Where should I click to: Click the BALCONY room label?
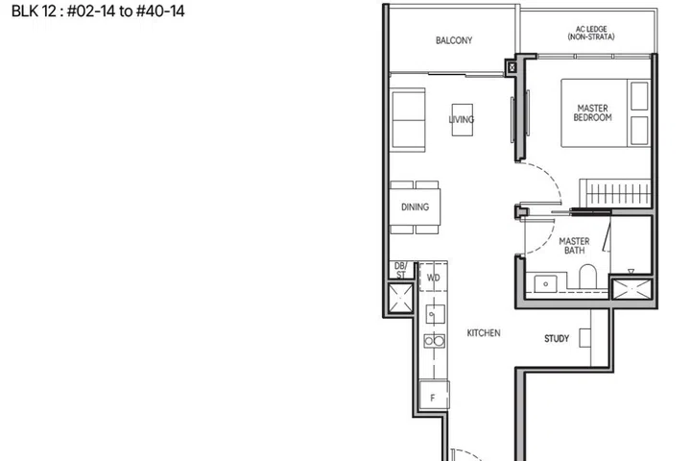454,40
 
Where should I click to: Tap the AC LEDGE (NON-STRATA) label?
591,33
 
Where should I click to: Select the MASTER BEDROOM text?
592,113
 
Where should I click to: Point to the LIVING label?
462,119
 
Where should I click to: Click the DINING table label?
415,206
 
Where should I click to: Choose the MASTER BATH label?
574,246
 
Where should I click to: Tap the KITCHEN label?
484,333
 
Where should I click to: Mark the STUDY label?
557,339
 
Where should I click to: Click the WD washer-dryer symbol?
433,277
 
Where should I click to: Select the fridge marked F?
434,396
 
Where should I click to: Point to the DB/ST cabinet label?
400,271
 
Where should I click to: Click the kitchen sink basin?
435,314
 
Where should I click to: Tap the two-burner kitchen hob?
434,341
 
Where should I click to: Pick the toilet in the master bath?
587,277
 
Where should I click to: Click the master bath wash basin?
545,283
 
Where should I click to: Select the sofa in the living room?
408,120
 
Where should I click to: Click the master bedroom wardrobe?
615,192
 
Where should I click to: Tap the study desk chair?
584,338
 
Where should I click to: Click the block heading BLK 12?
34,11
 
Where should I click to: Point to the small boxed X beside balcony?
512,67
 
